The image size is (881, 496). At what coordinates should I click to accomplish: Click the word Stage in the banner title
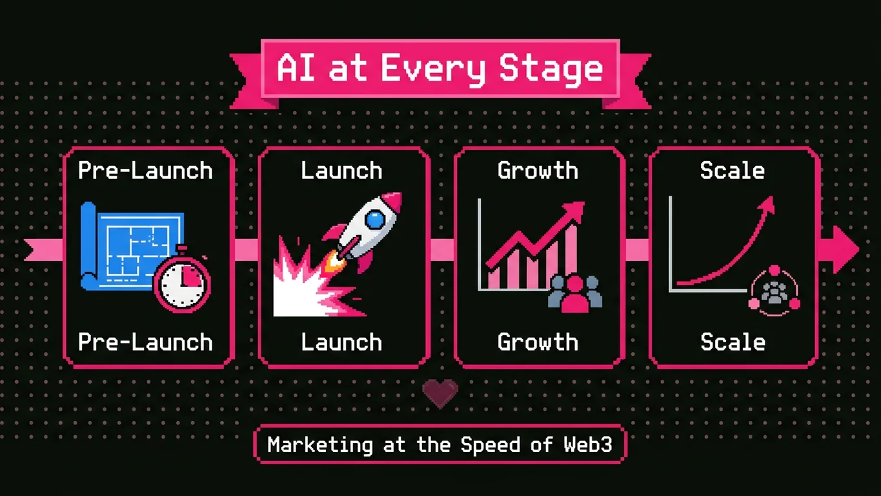[551, 68]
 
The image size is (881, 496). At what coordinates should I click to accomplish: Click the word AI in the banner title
[296, 68]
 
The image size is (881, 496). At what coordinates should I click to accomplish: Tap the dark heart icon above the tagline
[440, 393]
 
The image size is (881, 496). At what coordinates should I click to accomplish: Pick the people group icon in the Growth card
[574, 294]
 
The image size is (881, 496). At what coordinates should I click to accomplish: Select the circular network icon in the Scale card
[773, 292]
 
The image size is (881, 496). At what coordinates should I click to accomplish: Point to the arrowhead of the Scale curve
[767, 205]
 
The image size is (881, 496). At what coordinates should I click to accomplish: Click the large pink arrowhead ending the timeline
[842, 249]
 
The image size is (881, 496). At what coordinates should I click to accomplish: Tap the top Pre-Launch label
[145, 170]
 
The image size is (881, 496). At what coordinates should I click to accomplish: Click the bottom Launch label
[341, 342]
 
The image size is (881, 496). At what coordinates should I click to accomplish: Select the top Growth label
[538, 170]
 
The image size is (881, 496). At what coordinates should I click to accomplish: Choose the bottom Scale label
[733, 342]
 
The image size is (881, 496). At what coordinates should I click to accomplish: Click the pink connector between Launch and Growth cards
[442, 249]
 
